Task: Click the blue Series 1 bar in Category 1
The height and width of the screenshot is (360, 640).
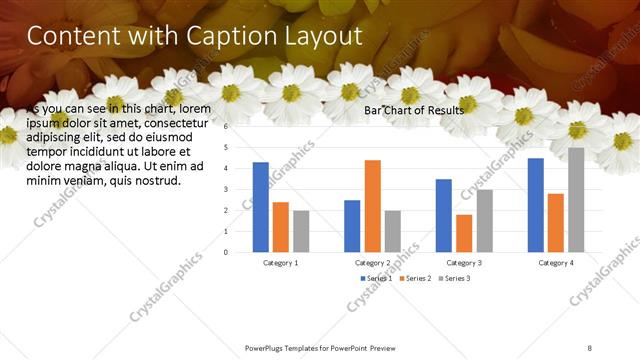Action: coord(261,206)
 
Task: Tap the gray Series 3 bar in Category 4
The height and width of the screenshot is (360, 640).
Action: coord(576,199)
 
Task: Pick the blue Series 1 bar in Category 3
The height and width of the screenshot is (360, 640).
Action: coord(444,215)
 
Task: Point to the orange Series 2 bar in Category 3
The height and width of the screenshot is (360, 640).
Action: coord(464,233)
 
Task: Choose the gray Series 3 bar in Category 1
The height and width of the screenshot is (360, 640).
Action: coord(301,231)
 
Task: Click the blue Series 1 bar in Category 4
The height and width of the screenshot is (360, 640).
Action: coord(536,204)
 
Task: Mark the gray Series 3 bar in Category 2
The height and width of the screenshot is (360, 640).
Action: coord(392,231)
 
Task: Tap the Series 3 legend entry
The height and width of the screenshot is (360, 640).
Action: coord(456,278)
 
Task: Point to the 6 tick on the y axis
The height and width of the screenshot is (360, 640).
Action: coord(227,127)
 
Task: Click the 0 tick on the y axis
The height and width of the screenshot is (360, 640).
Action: coord(227,252)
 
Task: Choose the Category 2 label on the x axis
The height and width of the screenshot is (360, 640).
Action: coord(372,263)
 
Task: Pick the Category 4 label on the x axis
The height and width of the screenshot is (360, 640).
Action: coord(556,263)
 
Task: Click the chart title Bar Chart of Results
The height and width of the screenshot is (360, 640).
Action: coord(413,110)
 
